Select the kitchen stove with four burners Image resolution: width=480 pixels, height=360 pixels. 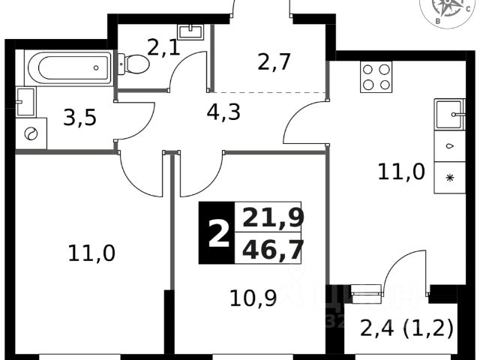[377, 75]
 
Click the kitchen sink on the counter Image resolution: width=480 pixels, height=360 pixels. [450, 115]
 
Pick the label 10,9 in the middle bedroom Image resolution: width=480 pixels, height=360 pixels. [253, 298]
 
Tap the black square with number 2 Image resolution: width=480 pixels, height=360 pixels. [217, 232]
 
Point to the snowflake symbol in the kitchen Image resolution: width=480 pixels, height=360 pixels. [450, 178]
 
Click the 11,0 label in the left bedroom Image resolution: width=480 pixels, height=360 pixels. [91, 254]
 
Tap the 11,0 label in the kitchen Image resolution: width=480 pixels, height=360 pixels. [400, 172]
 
